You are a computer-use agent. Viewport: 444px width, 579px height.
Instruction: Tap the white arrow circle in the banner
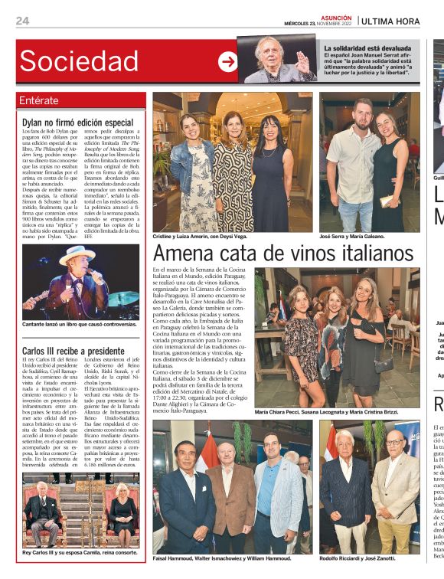point(227,62)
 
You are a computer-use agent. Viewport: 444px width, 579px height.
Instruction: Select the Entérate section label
point(39,100)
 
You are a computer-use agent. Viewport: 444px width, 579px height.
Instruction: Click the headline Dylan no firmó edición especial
point(78,122)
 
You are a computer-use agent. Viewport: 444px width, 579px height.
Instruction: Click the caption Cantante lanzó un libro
point(80,325)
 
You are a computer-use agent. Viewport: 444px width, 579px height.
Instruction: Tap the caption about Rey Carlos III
point(80,552)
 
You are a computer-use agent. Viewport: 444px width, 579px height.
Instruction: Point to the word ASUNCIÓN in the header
point(336,16)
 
